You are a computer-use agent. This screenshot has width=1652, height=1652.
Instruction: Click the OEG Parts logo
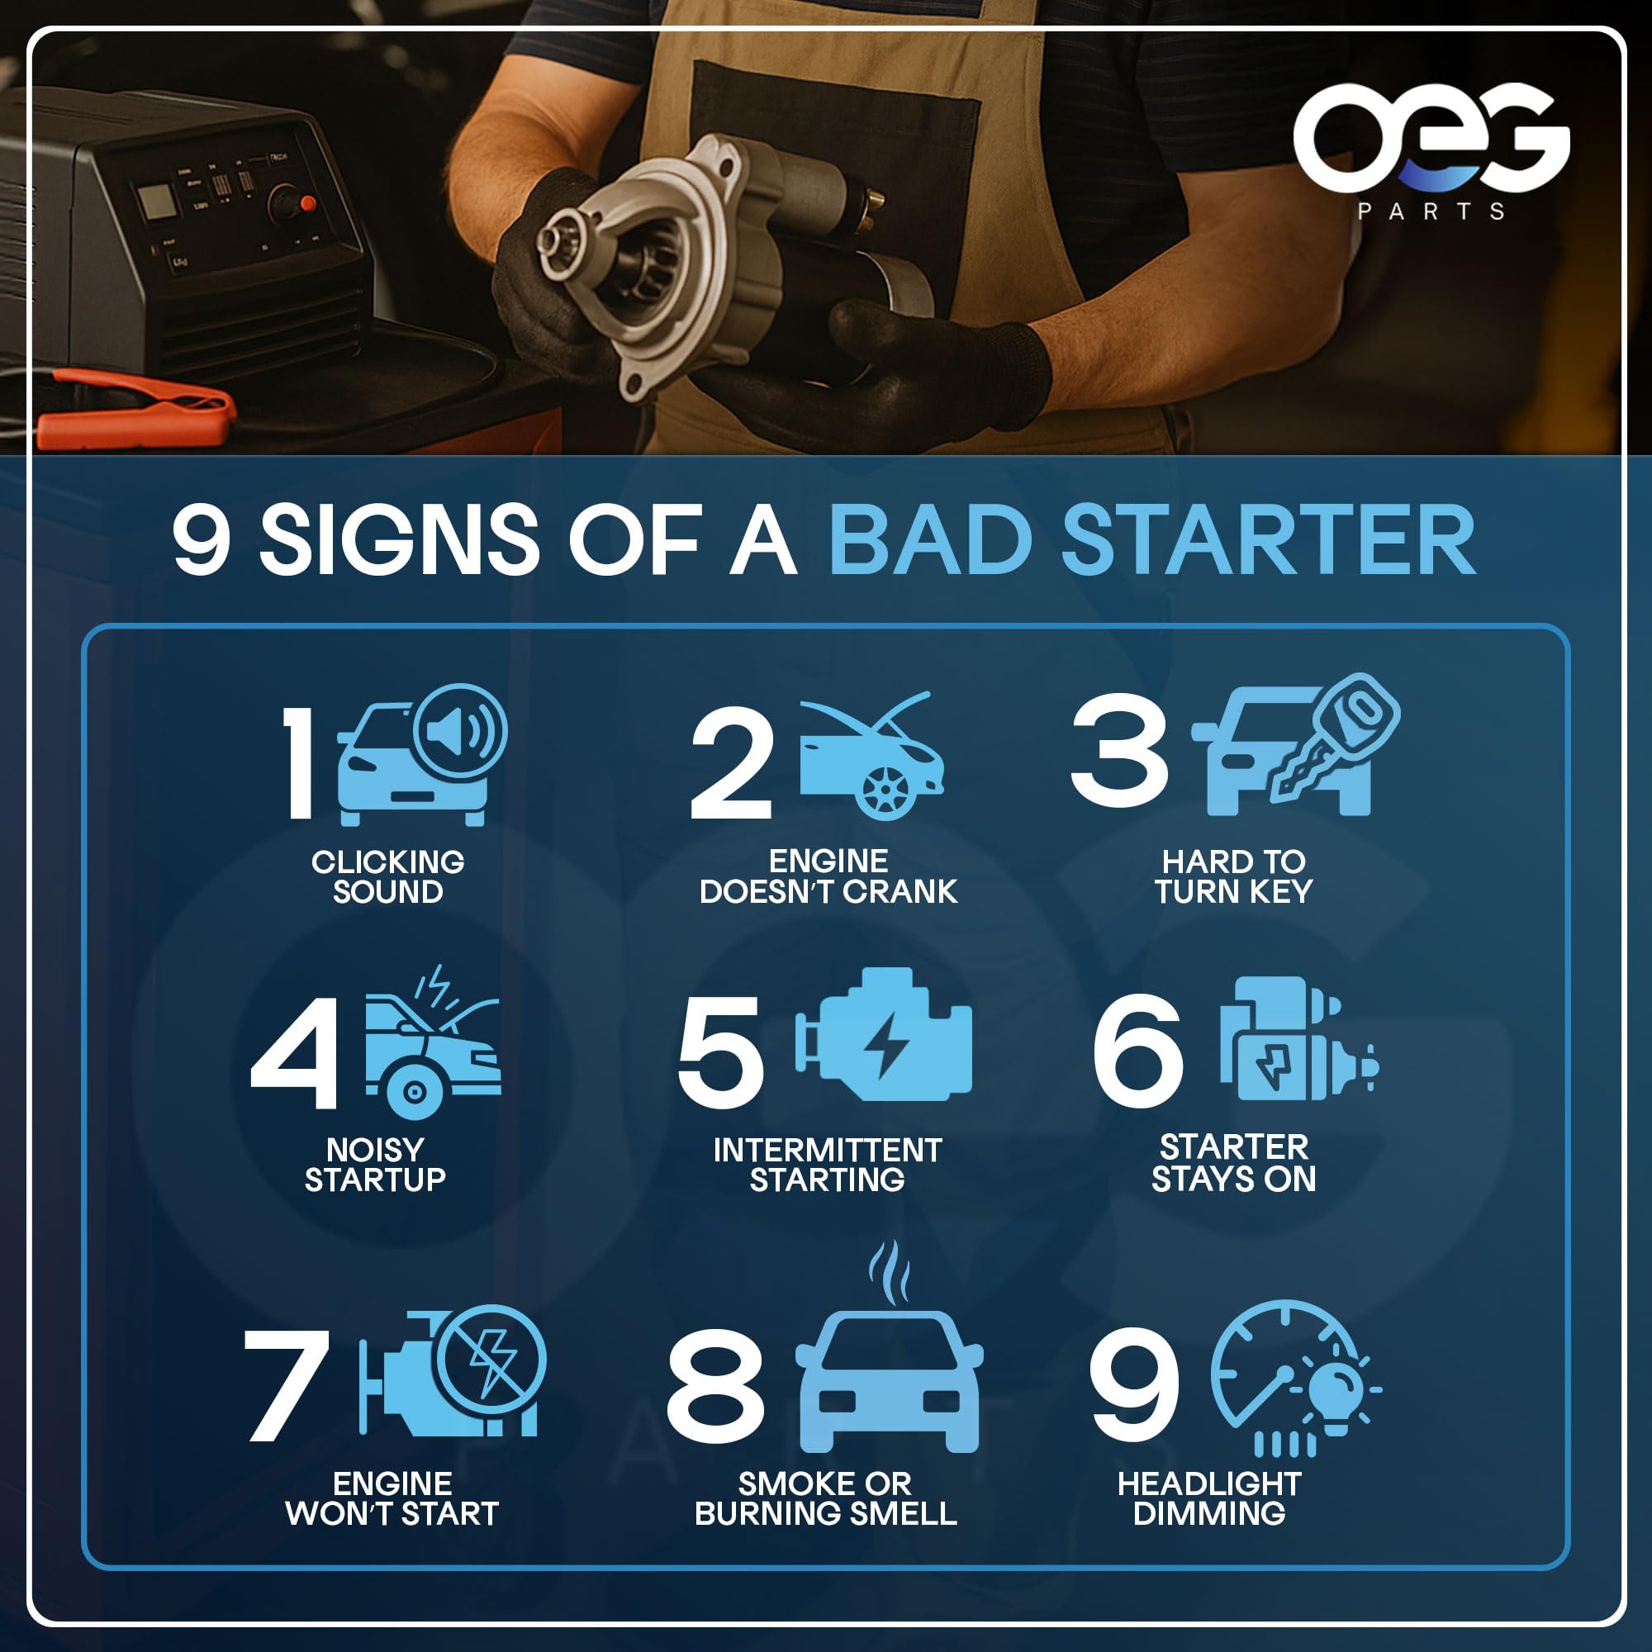coord(1431,151)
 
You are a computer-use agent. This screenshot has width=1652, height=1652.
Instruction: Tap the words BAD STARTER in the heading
coord(1151,540)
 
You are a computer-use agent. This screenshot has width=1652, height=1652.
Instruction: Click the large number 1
coord(300,762)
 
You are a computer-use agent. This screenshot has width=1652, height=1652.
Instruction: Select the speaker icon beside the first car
coord(460,730)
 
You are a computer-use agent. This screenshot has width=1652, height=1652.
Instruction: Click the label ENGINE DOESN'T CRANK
coord(828,876)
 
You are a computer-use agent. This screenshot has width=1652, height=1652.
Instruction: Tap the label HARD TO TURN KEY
coord(1233,876)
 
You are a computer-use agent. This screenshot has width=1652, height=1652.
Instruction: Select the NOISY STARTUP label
coord(375,1165)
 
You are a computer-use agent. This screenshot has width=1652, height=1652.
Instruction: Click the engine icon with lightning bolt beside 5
coord(884,1034)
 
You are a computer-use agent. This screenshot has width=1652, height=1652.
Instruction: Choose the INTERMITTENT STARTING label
coord(827,1165)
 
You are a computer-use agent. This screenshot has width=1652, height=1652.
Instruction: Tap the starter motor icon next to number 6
coord(1298,1038)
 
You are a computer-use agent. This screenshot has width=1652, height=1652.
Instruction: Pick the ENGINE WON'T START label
coord(392,1498)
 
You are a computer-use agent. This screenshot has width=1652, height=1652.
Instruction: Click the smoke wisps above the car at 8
coord(890,1273)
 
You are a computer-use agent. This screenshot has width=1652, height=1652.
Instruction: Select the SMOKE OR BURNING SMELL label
coord(825,1498)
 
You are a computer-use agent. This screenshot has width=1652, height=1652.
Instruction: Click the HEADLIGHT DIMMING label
coord(1209,1498)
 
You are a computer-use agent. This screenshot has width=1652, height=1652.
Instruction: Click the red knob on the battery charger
coord(308,203)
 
